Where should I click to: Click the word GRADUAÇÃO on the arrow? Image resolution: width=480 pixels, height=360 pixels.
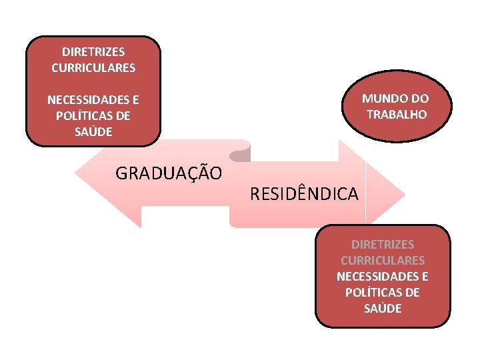click(x=169, y=173)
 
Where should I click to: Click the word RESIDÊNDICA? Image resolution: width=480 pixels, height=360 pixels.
click(x=304, y=194)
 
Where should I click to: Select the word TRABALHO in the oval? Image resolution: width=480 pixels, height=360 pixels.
click(x=397, y=114)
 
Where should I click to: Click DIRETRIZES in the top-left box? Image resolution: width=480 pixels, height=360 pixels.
click(x=93, y=51)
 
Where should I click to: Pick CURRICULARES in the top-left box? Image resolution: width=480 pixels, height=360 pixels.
click(x=93, y=67)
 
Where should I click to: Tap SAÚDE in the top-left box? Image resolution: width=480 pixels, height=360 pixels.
click(x=93, y=131)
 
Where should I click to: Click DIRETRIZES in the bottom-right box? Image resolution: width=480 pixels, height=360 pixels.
click(x=383, y=245)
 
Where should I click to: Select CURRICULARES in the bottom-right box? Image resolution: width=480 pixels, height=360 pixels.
click(x=383, y=260)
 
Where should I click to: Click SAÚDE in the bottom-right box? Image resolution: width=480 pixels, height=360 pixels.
click(x=383, y=308)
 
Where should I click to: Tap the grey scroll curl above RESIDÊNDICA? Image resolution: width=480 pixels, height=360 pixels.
click(x=239, y=155)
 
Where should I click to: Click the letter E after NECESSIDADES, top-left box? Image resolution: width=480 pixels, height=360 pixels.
click(x=135, y=101)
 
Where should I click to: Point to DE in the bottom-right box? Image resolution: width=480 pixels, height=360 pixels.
click(x=412, y=292)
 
